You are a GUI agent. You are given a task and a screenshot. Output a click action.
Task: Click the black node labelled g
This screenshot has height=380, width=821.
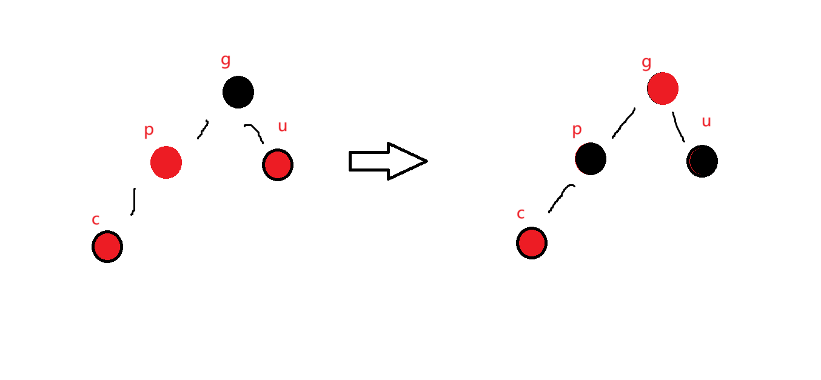(238, 92)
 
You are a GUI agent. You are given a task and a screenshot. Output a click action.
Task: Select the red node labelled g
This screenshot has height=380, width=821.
(662, 88)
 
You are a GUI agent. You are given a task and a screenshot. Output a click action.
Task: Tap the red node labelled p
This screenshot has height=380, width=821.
(166, 162)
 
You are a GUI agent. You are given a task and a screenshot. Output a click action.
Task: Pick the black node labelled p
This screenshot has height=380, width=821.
(591, 159)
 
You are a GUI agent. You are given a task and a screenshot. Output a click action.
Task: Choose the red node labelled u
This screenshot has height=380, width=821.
(278, 165)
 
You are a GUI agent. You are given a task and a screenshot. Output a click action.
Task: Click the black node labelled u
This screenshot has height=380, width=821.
(702, 161)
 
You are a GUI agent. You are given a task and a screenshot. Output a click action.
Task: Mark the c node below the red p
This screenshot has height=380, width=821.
(107, 247)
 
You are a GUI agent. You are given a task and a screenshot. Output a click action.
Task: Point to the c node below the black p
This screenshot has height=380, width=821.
(532, 243)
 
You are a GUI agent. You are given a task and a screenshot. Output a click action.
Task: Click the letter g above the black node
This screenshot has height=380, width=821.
(226, 60)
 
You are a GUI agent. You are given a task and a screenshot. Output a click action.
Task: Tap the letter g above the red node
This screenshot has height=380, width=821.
(646, 62)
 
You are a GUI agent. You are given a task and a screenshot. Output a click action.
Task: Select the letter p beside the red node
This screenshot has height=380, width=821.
(149, 130)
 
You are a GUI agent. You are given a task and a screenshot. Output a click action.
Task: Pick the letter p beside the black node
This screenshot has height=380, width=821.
(577, 129)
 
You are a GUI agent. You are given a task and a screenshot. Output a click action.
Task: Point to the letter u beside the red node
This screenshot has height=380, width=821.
(282, 126)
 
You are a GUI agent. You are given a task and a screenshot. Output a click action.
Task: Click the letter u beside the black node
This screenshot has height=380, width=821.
(706, 121)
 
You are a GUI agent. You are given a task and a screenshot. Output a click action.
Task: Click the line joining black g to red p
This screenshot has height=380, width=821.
(203, 129)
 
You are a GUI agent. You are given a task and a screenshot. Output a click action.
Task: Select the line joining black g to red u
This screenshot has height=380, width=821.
(255, 133)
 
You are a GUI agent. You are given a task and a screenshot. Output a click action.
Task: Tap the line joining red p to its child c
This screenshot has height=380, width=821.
(133, 201)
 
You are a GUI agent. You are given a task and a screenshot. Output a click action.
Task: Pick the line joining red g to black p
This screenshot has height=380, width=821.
(623, 123)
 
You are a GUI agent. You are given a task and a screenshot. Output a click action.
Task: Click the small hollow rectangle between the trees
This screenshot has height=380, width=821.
(365, 161)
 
